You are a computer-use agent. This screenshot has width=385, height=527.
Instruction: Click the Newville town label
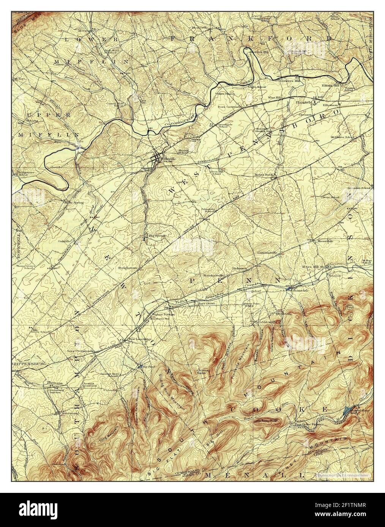coord(169,159)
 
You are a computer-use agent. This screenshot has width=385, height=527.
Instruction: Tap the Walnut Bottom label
coord(163,314)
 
